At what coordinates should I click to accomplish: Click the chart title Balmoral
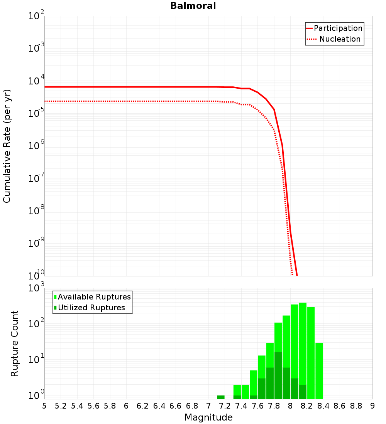point(193,6)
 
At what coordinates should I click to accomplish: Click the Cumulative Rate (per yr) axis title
point(7,146)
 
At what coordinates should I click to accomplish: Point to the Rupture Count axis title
point(15,343)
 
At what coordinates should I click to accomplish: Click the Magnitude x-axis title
point(208,417)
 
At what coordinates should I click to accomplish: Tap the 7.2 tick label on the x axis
point(225,405)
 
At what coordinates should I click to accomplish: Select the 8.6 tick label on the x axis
point(340,405)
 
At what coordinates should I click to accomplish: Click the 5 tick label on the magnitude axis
point(44,405)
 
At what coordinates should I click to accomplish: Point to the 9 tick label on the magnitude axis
point(372,405)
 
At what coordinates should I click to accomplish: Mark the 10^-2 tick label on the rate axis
point(36,16)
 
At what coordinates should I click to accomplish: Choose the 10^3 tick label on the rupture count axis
point(36,288)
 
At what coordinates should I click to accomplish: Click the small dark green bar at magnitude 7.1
point(221,397)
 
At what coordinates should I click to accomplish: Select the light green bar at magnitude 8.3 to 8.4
point(319,370)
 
